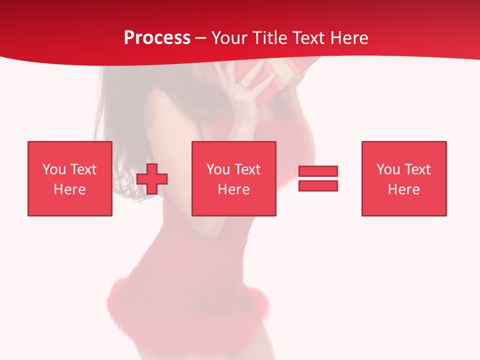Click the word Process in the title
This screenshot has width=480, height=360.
click(x=157, y=38)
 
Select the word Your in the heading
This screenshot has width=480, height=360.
click(x=229, y=38)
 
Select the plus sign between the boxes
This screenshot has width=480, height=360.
click(x=152, y=179)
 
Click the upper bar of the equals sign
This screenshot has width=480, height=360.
click(x=318, y=171)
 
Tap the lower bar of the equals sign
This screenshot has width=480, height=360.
click(x=318, y=186)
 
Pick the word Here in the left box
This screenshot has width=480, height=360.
click(x=69, y=189)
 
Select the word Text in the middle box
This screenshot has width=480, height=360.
click(x=247, y=169)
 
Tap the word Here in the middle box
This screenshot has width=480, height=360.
click(x=233, y=189)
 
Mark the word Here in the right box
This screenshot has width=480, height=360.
click(x=403, y=189)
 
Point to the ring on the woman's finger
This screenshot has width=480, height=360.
click(x=243, y=87)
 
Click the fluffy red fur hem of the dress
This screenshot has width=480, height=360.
click(x=185, y=305)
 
